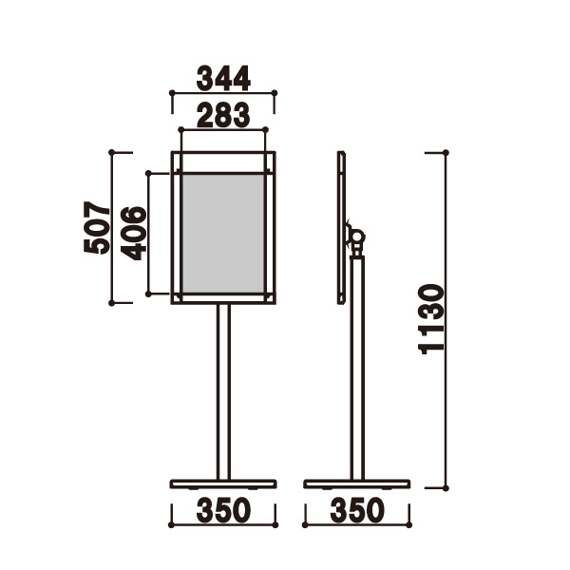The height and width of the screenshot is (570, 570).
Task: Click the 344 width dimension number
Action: coord(223,78)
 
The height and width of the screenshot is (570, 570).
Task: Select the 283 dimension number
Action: coord(223,115)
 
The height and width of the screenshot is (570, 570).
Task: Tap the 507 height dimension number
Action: coord(97,228)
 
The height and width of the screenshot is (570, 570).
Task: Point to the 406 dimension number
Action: coord(133,233)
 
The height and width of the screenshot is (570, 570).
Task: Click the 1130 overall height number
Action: coord(431,319)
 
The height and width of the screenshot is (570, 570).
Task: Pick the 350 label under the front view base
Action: coord(223,510)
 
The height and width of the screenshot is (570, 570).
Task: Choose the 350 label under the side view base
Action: coord(357,510)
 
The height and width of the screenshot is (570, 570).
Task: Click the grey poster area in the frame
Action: coord(223,234)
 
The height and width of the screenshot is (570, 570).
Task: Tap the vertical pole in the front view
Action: coord(223,391)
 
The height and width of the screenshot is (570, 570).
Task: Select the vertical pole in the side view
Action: coord(357,368)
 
